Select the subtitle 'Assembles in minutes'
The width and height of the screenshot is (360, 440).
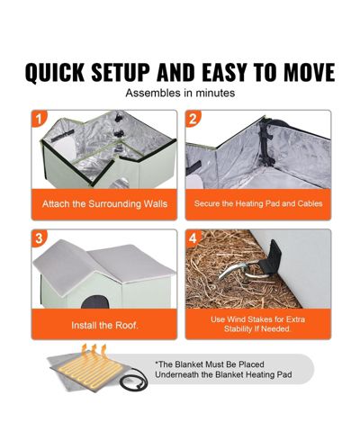(180, 93)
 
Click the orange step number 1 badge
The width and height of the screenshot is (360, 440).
(39, 119)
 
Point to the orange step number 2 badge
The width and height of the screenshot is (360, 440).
(193, 119)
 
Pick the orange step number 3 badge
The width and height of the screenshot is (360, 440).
(39, 238)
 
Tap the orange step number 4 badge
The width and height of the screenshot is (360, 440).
(193, 238)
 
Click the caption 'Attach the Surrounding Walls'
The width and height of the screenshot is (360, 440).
(104, 204)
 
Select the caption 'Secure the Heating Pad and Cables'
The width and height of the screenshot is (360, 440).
(258, 203)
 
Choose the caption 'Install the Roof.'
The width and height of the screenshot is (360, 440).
(104, 326)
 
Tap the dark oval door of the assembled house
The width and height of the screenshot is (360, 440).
(94, 302)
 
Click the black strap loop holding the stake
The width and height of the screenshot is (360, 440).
(270, 258)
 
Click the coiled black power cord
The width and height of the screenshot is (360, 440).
(133, 380)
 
